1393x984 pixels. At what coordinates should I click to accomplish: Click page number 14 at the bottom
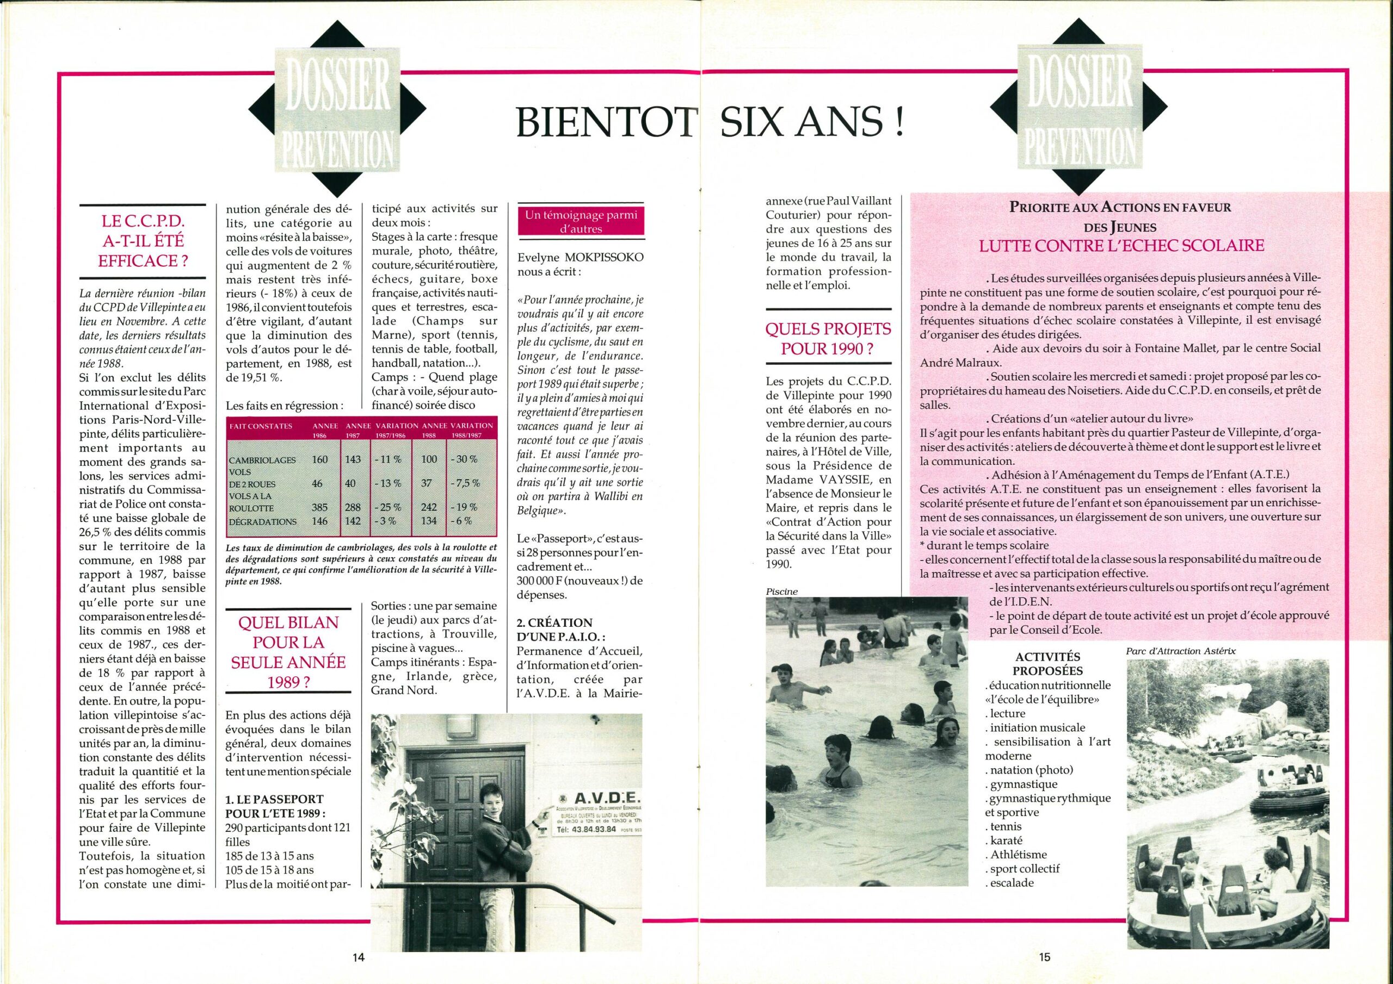point(358,957)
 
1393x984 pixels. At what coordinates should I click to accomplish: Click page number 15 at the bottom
point(1044,957)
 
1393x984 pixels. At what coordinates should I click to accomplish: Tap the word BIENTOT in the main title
point(603,123)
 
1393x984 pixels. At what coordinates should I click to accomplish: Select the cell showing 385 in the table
point(319,507)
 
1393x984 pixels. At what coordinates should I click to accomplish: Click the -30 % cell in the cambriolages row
point(464,459)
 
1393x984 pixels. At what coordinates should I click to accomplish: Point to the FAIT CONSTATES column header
point(261,426)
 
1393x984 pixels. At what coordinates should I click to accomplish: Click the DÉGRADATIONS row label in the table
point(254,521)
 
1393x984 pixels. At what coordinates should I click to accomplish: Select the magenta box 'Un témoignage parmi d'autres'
point(577,222)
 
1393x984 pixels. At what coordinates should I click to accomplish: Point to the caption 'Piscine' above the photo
point(782,591)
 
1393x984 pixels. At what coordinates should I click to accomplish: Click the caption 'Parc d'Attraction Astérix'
point(1181,651)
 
